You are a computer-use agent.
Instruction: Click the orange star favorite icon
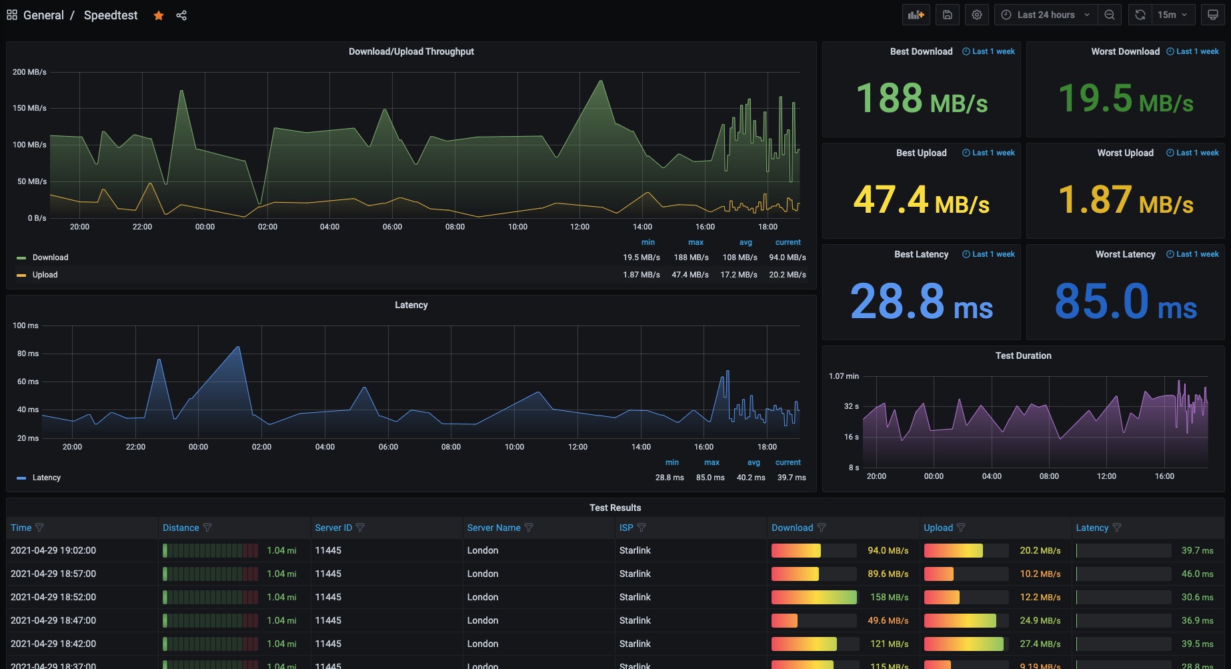[159, 15]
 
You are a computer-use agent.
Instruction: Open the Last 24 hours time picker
[1046, 15]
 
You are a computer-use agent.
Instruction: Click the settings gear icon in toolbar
[977, 15]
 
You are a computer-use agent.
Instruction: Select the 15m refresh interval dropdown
[1172, 15]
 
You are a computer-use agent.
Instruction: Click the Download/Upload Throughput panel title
[411, 51]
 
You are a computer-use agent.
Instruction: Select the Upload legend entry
[45, 275]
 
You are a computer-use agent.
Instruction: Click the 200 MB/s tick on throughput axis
[29, 72]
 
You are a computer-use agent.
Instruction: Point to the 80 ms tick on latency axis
[28, 354]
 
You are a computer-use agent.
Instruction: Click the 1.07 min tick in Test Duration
[844, 376]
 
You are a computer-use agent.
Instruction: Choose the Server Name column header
[493, 528]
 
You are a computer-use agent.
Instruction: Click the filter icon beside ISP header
[642, 528]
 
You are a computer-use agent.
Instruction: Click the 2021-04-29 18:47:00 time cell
[53, 620]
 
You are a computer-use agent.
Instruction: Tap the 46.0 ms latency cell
[1197, 574]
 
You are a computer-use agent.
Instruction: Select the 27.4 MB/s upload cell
[1040, 644]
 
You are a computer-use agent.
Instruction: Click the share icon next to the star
[181, 15]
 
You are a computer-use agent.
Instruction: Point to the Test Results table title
[615, 508]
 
